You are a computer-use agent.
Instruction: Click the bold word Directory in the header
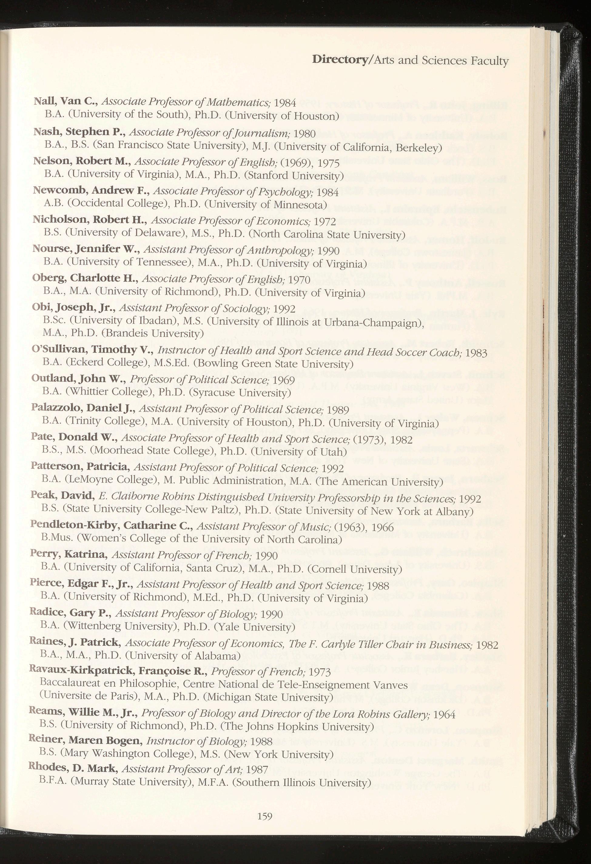click(x=339, y=59)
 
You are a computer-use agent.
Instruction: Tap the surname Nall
click(x=44, y=101)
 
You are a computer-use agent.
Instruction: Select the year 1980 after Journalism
click(x=304, y=134)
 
